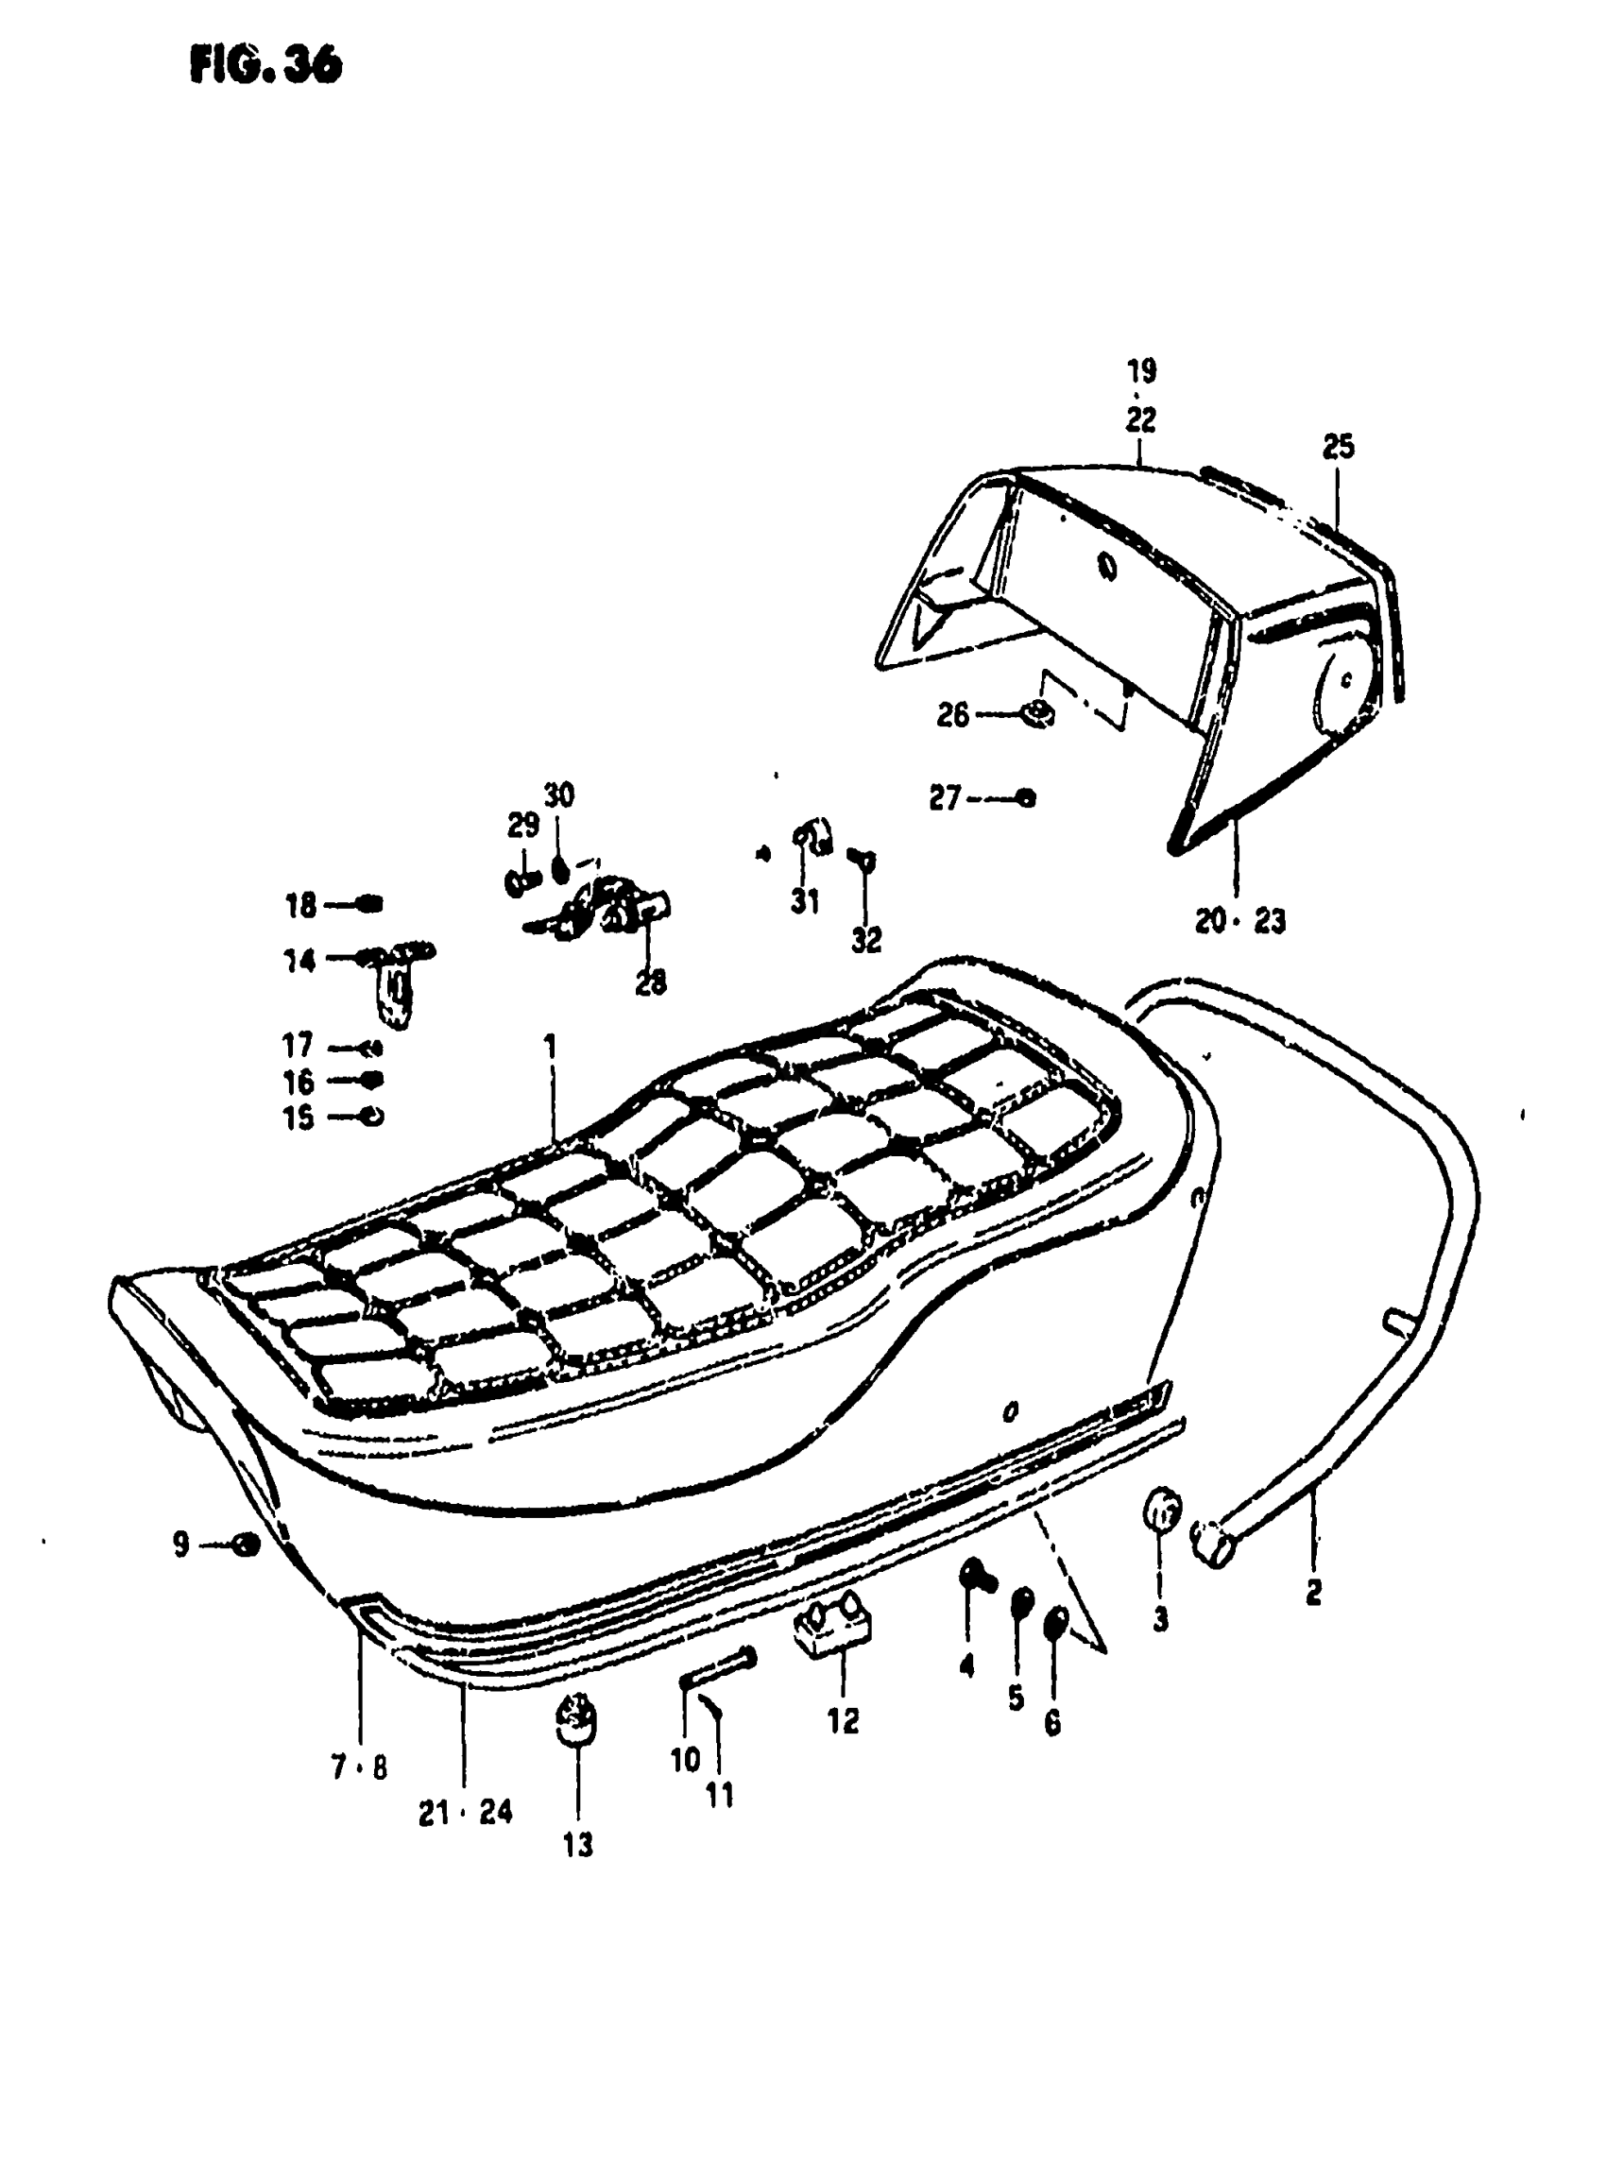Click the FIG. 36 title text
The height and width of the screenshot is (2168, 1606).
(x=265, y=65)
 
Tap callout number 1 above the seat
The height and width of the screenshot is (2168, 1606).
(x=550, y=1047)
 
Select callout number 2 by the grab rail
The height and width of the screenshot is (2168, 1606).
(x=1313, y=1594)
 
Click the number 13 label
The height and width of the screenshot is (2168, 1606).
(x=577, y=1844)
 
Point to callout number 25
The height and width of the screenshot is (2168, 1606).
(x=1338, y=447)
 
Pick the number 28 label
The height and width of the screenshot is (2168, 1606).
(x=650, y=982)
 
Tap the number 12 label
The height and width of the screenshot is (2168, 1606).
(x=843, y=1721)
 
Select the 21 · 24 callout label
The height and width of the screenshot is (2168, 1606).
(x=465, y=1812)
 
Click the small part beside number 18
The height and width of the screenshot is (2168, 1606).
(x=369, y=904)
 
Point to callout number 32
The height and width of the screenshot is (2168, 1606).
(x=866, y=939)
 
